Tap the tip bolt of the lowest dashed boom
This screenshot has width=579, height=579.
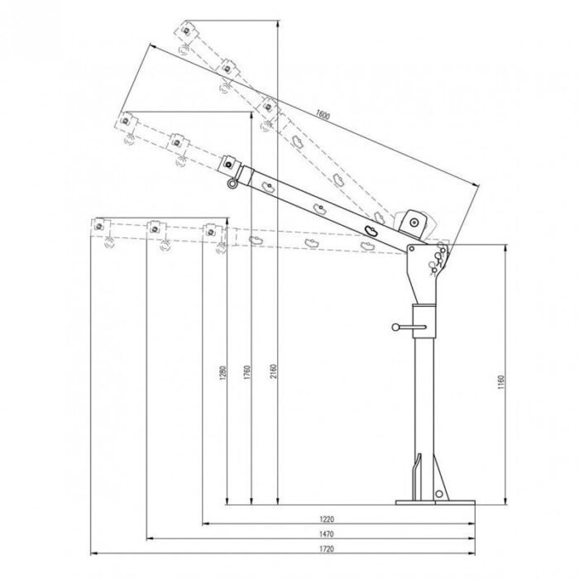pos(101,225)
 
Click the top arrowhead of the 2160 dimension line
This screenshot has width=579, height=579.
pos(276,22)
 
